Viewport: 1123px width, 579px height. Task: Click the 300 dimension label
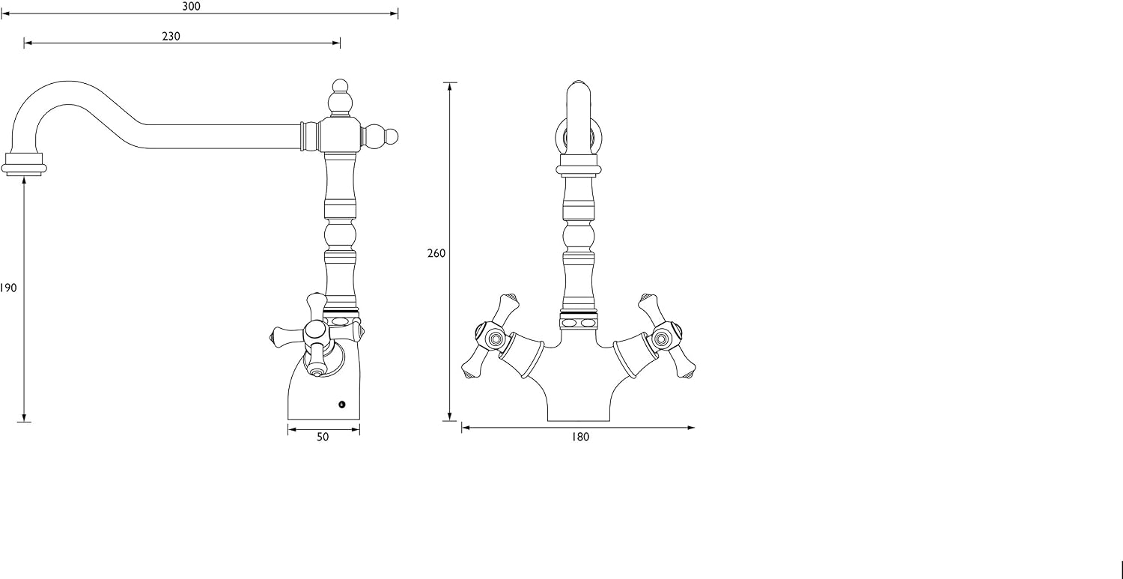click(x=191, y=7)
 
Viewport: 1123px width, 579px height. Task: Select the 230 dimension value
click(x=171, y=36)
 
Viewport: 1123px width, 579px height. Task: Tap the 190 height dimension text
click(x=8, y=288)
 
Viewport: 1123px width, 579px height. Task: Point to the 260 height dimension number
click(x=436, y=253)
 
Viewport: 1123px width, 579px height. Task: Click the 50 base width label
click(x=323, y=437)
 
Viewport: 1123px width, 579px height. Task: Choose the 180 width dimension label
click(x=580, y=437)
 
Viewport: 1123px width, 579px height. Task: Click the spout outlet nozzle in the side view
click(x=23, y=164)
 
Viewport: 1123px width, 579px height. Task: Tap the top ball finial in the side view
click(x=340, y=98)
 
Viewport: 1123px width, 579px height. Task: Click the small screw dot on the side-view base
click(x=342, y=404)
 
